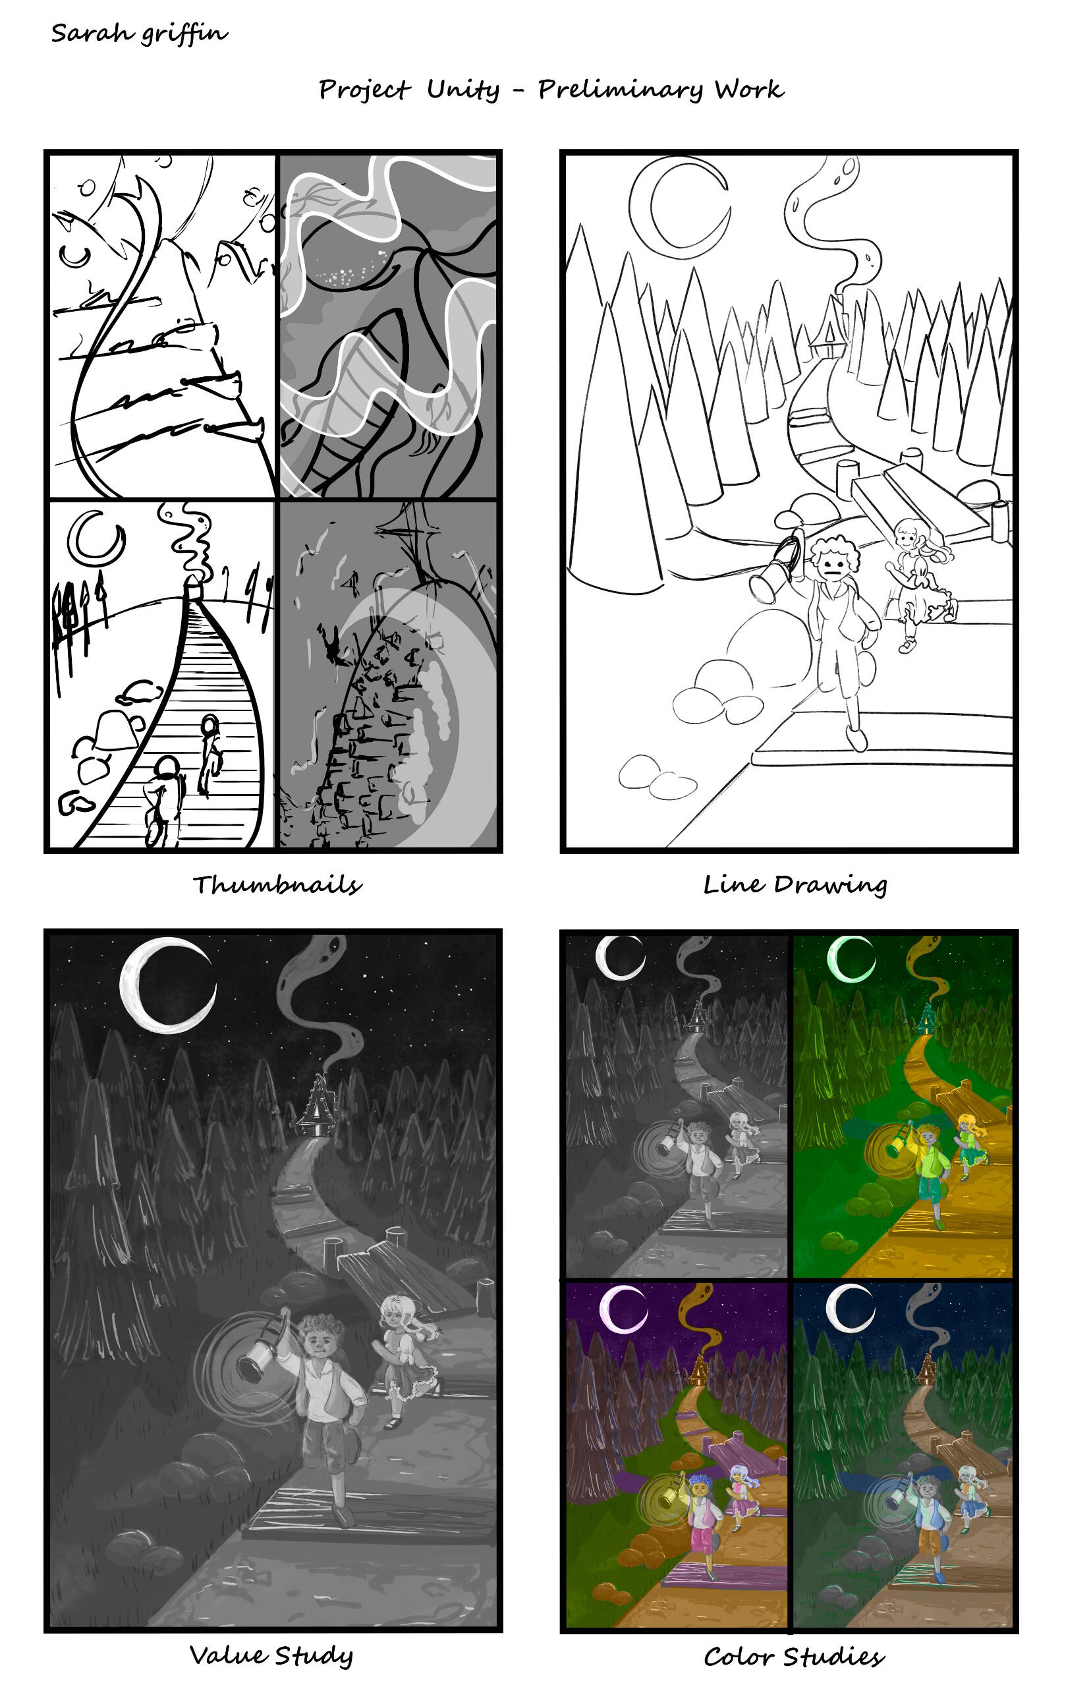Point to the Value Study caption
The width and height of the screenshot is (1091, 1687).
pos(271,1655)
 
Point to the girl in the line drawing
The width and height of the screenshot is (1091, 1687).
pos(918,581)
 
